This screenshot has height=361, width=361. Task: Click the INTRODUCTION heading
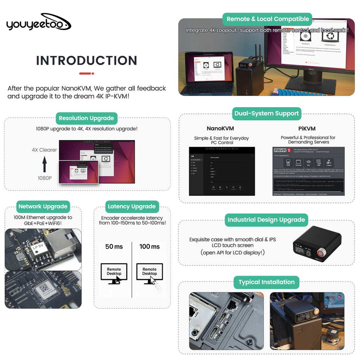pos(87,60)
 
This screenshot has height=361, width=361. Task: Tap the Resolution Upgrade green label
pos(86,118)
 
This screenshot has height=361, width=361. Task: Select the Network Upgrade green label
pos(43,206)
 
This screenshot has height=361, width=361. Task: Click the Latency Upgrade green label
pos(131,206)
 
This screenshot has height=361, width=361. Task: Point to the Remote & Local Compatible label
pos(268,19)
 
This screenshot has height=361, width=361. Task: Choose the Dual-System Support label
pos(266,113)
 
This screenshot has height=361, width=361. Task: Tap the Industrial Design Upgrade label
pos(266,219)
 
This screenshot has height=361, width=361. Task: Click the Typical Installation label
pos(266,282)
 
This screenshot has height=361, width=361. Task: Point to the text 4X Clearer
pos(44,150)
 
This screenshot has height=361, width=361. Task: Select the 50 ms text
pos(114,247)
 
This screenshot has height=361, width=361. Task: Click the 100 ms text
pos(149,247)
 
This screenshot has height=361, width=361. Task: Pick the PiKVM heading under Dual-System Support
pos(307,129)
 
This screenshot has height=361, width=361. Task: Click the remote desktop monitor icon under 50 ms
pos(114,273)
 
